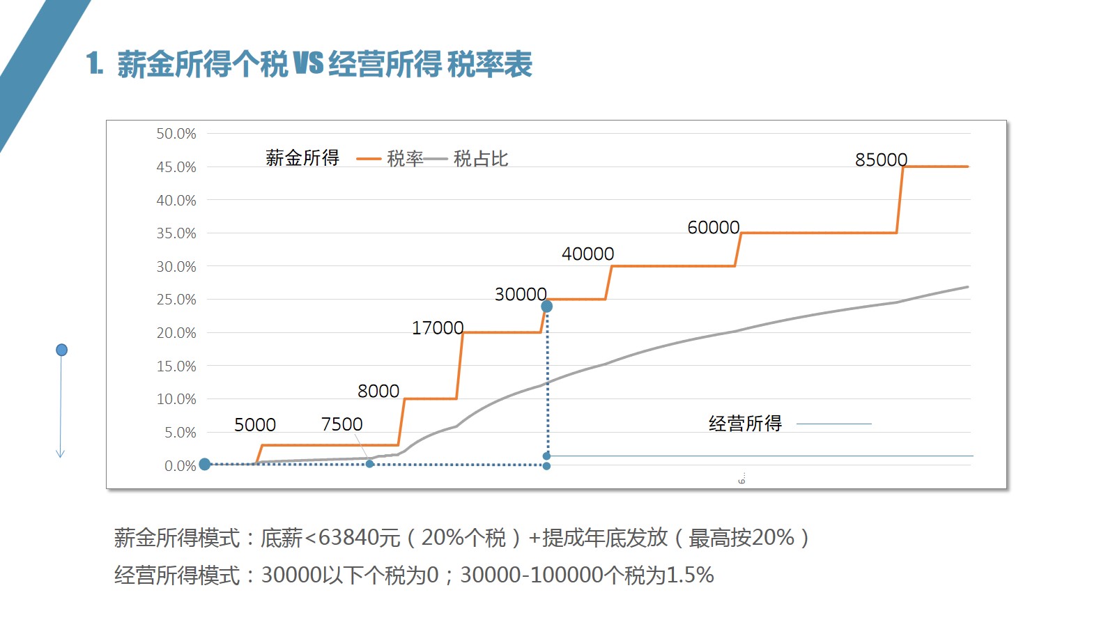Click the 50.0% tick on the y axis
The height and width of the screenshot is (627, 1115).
tap(176, 134)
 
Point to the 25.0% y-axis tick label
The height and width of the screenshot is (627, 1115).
tap(176, 300)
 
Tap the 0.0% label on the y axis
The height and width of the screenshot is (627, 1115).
tap(180, 466)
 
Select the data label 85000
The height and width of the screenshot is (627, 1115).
tap(881, 160)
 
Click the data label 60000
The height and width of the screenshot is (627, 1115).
tap(713, 228)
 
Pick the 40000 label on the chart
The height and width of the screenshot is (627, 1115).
tap(587, 254)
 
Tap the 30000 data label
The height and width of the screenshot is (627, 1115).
tap(520, 295)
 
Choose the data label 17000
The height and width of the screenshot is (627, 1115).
tap(437, 328)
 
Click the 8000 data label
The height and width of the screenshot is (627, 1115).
tap(378, 392)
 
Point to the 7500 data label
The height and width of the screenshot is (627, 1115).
tap(341, 424)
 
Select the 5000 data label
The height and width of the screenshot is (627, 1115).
tap(254, 425)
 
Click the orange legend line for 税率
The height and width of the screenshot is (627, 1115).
tap(369, 160)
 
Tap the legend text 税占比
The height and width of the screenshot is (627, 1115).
tap(481, 159)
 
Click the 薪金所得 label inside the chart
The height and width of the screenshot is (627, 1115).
tap(302, 158)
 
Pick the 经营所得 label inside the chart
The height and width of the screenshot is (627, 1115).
tap(745, 424)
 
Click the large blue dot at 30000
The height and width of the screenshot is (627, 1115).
tap(547, 307)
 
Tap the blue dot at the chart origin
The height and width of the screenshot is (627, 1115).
tap(205, 464)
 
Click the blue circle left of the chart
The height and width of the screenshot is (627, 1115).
tap(61, 350)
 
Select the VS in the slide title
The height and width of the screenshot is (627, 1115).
tap(308, 63)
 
